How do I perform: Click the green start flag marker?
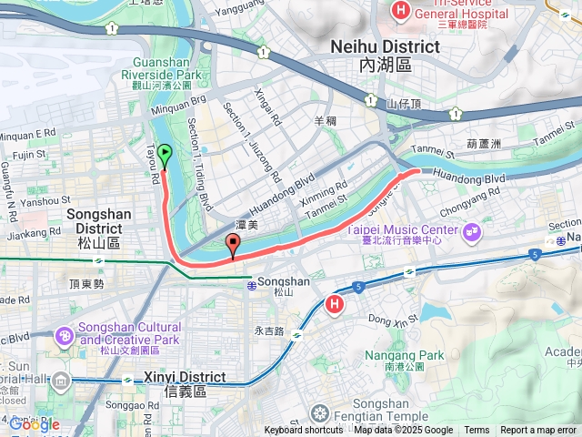[165, 156]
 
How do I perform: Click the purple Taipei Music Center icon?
[471, 232]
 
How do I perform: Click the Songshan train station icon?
[250, 285]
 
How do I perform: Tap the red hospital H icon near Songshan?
[335, 304]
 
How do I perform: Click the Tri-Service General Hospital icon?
[399, 11]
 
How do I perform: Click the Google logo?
[34, 424]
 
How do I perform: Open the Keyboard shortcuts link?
[304, 431]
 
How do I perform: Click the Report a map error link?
[538, 431]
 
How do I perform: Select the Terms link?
[477, 431]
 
